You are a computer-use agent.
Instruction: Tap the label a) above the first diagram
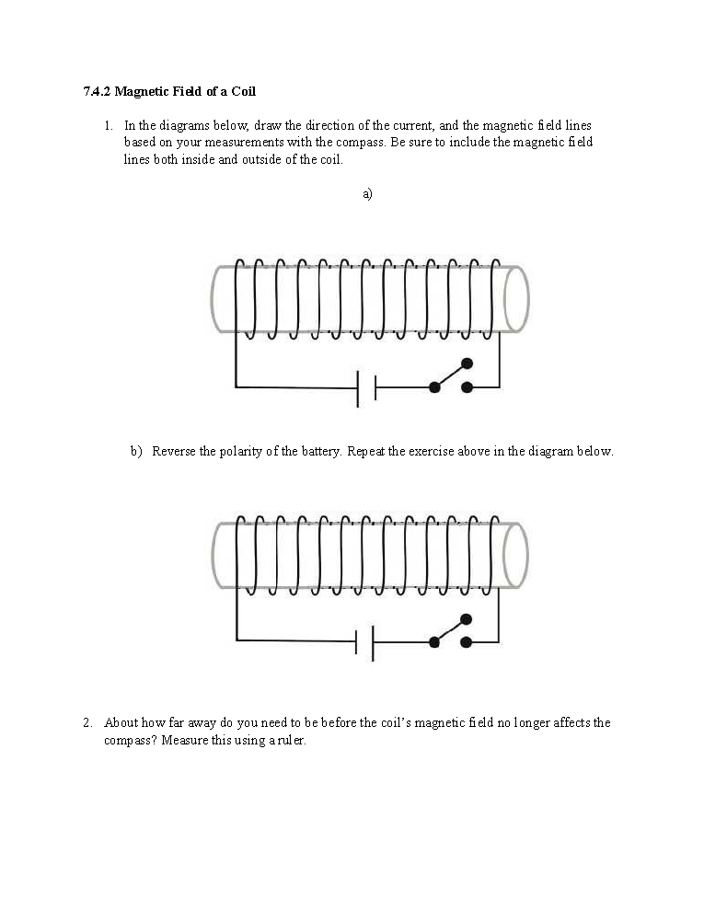[x=367, y=193]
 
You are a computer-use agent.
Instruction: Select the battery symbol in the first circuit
[x=366, y=387]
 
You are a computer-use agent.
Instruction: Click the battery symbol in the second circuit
[x=364, y=641]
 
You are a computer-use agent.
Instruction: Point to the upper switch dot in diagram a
[x=467, y=363]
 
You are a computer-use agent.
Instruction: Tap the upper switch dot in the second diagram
[x=467, y=618]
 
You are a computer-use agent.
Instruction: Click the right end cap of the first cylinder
[x=516, y=299]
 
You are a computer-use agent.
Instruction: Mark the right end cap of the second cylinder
[x=515, y=554]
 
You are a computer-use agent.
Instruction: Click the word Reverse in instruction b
[x=173, y=452]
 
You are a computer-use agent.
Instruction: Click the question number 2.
[x=87, y=722]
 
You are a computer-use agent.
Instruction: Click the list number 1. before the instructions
[x=109, y=125]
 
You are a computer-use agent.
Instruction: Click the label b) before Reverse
[x=136, y=452]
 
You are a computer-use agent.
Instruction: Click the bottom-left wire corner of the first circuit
[x=237, y=386]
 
